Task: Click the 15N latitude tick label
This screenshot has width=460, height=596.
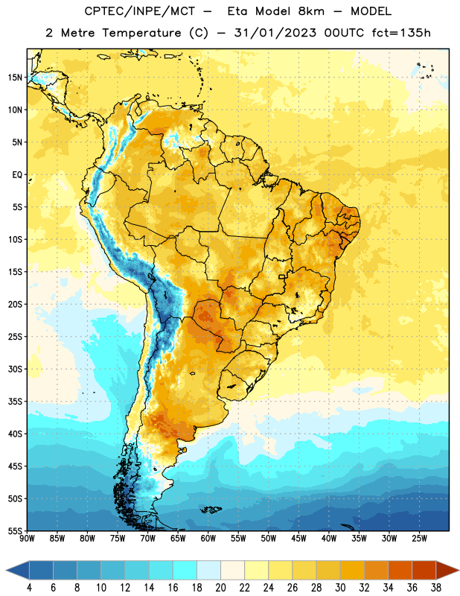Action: coord(15,77)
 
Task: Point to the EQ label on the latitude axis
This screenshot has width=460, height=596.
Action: coord(17,175)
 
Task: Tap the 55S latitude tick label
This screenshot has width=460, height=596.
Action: coord(15,530)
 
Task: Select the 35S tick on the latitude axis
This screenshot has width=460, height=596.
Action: coord(15,402)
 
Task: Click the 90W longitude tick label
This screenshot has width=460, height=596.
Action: coord(27,539)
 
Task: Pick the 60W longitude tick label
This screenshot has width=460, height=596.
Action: coord(208,539)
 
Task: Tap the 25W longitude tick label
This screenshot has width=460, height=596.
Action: coord(419,539)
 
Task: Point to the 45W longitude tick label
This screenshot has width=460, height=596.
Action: coord(298,539)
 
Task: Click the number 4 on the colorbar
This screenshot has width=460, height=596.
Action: coord(29,588)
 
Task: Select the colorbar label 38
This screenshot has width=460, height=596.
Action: coord(435,588)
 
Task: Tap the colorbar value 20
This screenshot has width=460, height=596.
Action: coord(220,588)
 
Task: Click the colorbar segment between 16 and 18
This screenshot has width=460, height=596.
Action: coord(185,570)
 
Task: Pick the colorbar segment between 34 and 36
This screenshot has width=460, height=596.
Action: coord(400,570)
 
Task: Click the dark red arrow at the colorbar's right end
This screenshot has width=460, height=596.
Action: coord(447,570)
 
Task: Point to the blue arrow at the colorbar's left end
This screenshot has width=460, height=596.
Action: coord(17,570)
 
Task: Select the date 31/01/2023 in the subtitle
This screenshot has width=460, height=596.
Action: coord(275,33)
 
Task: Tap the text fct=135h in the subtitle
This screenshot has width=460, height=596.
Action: coord(401,33)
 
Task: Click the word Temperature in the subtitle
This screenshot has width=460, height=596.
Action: coord(141,33)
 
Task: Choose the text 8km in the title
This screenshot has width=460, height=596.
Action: coord(311,11)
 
